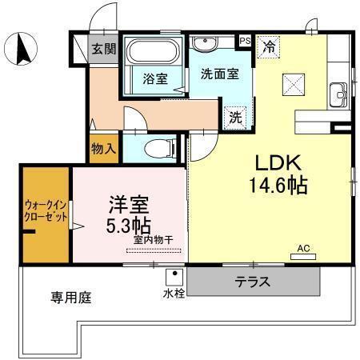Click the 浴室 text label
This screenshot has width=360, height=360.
tap(154, 79)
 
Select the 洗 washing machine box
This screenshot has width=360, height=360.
tap(236, 115)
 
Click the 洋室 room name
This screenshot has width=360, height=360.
tap(124, 204)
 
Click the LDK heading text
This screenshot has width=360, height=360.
tap(278, 163)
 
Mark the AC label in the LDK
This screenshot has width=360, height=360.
tap(303, 249)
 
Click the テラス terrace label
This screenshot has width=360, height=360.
tap(252, 282)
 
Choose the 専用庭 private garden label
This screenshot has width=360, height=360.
tap(70, 298)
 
